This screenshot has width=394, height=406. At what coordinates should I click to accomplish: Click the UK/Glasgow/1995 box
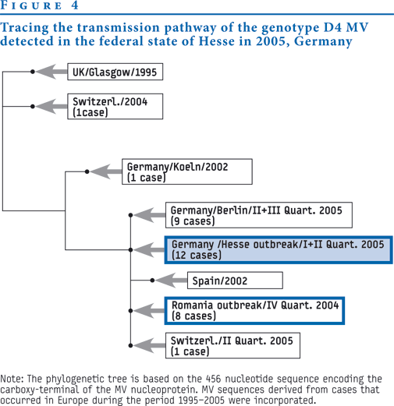click(115, 72)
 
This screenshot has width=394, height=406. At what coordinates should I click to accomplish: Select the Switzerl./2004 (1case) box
click(115, 107)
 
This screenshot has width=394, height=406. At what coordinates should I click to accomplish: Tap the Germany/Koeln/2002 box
click(187, 171)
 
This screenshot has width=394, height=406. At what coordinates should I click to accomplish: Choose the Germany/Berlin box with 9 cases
click(259, 215)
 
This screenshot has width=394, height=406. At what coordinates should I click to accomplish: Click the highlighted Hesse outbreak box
click(279, 250)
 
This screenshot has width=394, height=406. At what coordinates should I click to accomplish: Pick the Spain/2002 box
click(235, 281)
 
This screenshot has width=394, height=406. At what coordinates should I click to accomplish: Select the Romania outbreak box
click(254, 311)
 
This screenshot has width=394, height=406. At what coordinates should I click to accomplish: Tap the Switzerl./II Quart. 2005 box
click(232, 345)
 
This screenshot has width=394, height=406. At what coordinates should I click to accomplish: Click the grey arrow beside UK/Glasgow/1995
click(51, 72)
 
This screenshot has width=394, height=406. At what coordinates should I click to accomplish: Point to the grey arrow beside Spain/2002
click(172, 281)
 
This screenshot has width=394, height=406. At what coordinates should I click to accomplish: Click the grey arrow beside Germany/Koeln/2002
click(106, 171)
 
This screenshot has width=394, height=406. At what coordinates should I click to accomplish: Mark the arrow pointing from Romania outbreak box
click(149, 311)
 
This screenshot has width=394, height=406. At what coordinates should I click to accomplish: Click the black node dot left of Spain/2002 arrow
click(152, 281)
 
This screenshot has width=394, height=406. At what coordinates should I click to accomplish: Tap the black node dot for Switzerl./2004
click(33, 107)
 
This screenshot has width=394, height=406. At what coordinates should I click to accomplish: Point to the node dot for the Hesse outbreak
click(130, 250)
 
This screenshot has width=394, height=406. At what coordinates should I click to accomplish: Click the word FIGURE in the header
click(31, 5)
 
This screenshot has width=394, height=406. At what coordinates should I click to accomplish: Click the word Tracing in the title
click(24, 28)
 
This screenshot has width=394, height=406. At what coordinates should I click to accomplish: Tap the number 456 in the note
click(213, 379)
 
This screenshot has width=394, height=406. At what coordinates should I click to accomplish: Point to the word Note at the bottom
click(12, 379)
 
